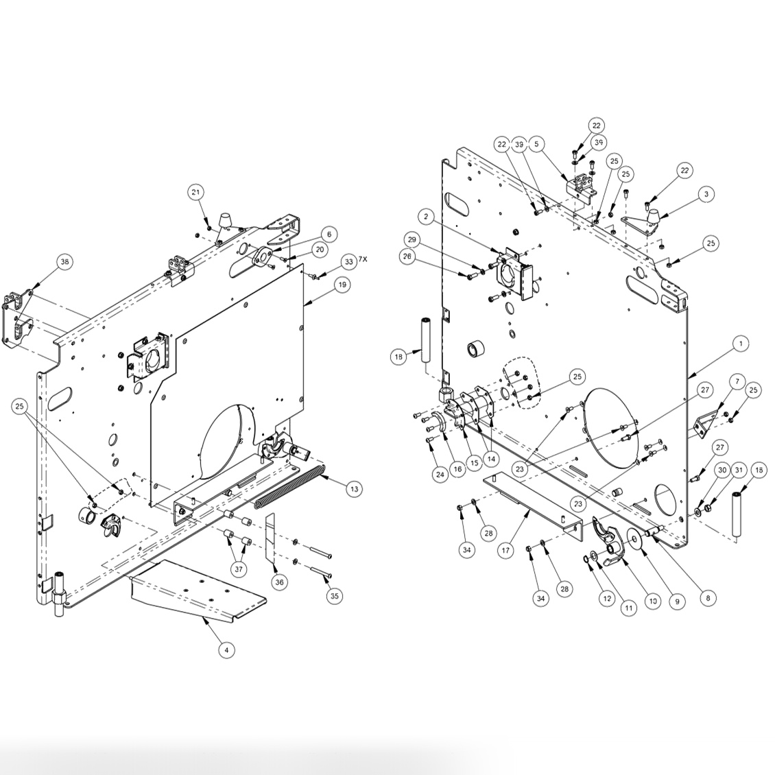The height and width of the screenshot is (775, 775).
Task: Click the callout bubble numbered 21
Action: (x=197, y=192)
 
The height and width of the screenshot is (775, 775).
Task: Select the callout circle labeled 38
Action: (x=64, y=261)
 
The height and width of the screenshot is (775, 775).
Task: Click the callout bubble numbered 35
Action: (x=334, y=596)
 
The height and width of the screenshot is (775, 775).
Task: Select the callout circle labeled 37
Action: (x=239, y=569)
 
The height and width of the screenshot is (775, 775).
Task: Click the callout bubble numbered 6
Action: (x=329, y=235)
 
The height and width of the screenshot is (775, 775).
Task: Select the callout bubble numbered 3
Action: (x=706, y=194)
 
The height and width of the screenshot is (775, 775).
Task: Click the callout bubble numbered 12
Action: (x=606, y=598)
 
